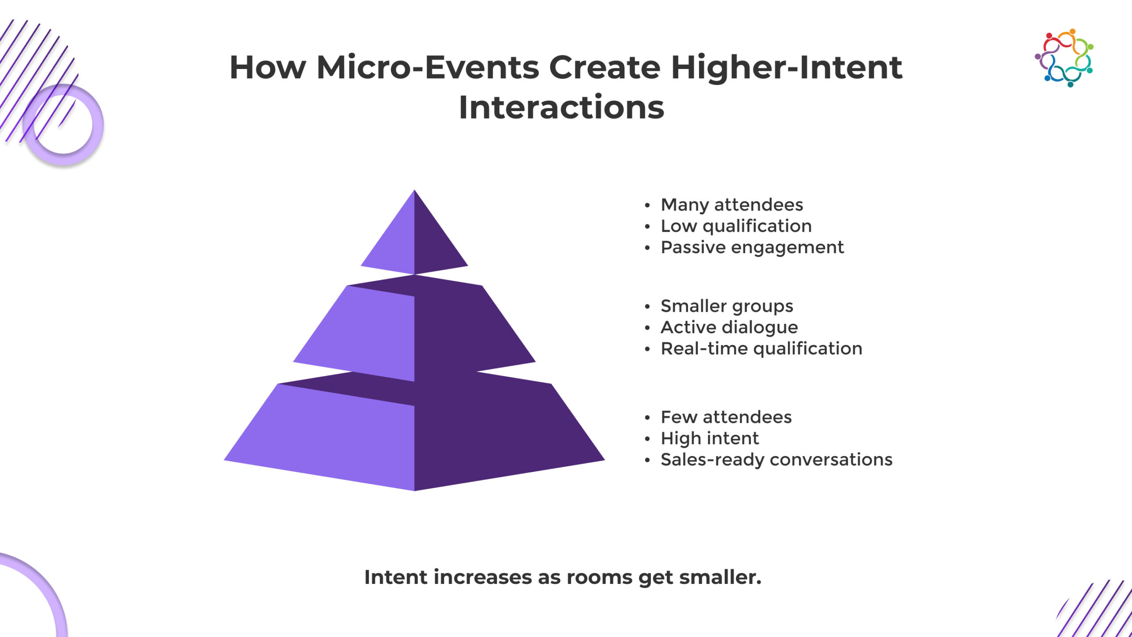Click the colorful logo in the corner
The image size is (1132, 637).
coord(1064,58)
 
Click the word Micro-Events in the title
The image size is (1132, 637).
coord(428,68)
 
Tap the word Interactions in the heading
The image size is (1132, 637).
coord(562,107)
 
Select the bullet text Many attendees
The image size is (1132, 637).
coord(732,205)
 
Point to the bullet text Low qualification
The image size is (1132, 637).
coord(736,226)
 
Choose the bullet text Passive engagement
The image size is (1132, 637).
coord(752,247)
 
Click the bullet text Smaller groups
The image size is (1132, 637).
coord(727,306)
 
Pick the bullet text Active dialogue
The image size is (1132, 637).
coord(729,327)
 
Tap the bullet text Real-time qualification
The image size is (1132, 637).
coord(761,349)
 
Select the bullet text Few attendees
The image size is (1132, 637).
coord(726,417)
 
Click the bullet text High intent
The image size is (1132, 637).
coord(710,438)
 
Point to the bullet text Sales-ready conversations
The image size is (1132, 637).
coord(776,460)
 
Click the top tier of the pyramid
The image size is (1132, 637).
coord(414,239)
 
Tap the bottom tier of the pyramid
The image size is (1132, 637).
coord(414,431)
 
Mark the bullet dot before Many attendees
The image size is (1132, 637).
coord(647,206)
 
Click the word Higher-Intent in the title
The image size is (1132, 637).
coord(787,68)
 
